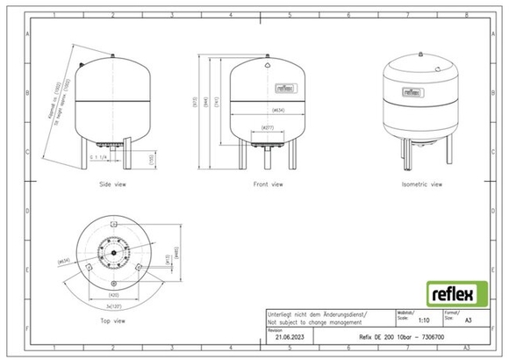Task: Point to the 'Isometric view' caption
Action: pyautogui.click(x=421, y=185)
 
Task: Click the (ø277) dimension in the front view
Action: pyautogui.click(x=266, y=130)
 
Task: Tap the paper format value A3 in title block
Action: pyautogui.click(x=468, y=322)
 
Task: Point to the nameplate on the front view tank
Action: pyautogui.click(x=283, y=86)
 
